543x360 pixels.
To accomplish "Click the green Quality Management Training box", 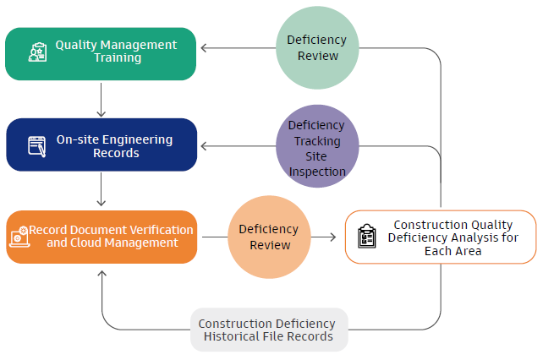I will pyautogui.click(x=101, y=53).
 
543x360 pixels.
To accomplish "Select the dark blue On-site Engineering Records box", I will pyautogui.click(x=101, y=145).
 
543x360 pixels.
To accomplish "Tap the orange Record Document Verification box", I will pyautogui.click(x=101, y=237).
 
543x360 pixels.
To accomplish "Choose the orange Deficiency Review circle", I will pyautogui.click(x=268, y=237).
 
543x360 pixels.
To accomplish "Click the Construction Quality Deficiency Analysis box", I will pyautogui.click(x=440, y=237).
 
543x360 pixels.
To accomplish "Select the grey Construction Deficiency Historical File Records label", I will pyautogui.click(x=266, y=330).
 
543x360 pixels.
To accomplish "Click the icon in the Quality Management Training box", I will pyautogui.click(x=37, y=52).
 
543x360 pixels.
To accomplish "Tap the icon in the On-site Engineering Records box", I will pyautogui.click(x=36, y=145).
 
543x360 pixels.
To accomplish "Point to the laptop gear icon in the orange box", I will pyautogui.click(x=19, y=237).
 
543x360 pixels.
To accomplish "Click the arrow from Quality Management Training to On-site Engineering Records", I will pyautogui.click(x=101, y=100).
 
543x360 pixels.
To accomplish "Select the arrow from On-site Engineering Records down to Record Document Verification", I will pyautogui.click(x=101, y=190).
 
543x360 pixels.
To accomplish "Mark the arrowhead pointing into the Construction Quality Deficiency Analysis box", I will pyautogui.click(x=332, y=237).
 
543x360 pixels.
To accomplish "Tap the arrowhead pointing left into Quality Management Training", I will pyautogui.click(x=205, y=48).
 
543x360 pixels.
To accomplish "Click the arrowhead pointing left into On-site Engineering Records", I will pyautogui.click(x=205, y=146).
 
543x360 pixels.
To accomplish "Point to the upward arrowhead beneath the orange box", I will pyautogui.click(x=101, y=275).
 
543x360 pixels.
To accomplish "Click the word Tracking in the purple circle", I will pyautogui.click(x=317, y=140).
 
